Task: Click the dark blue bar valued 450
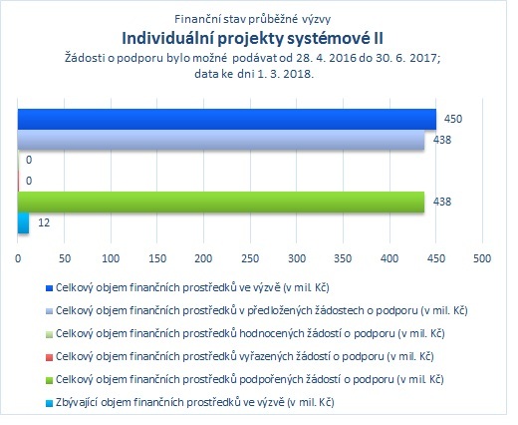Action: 227,119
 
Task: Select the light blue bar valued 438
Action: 221,140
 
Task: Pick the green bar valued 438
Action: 221,202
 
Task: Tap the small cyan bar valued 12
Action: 23,222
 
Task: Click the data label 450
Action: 453,119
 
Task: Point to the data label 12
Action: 44,222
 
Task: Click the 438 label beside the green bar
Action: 442,202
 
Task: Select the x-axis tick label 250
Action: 250,258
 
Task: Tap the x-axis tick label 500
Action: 482,258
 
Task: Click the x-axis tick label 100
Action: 111,258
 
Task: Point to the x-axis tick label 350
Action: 343,258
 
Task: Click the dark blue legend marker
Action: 49,288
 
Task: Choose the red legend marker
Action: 49,357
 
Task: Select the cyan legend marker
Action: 49,403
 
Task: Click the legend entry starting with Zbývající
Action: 195,402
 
